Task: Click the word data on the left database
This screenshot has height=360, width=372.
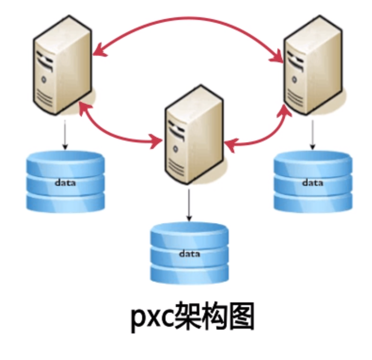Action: [x=65, y=182]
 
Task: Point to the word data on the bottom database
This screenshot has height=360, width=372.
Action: [x=189, y=253]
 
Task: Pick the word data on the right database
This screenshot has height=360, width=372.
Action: [x=313, y=183]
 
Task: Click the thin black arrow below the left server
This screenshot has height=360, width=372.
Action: [x=65, y=135]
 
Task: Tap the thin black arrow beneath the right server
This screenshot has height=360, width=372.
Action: [x=312, y=135]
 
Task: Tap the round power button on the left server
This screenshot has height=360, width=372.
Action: [x=44, y=79]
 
